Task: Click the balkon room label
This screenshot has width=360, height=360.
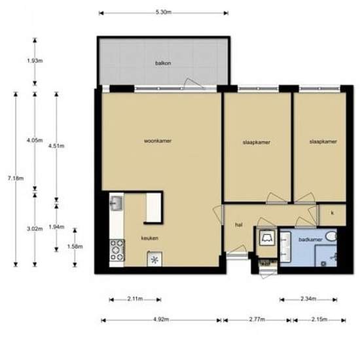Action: [x=163, y=63]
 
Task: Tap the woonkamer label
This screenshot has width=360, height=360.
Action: [x=158, y=141]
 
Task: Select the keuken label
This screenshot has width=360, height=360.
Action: [x=149, y=238]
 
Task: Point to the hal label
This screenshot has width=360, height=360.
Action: [x=239, y=225]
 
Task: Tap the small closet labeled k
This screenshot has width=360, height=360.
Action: [x=332, y=213]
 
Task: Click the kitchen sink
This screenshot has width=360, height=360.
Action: [x=116, y=204]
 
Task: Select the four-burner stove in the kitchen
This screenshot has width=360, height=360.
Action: [x=117, y=249]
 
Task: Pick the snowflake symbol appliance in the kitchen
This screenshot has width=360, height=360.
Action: [x=155, y=260]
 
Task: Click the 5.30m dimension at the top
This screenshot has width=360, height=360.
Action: [x=163, y=12]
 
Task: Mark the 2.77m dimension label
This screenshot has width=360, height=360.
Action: [x=257, y=320]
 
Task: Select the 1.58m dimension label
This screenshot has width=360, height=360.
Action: [x=75, y=247]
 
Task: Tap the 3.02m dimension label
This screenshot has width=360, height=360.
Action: [x=35, y=228]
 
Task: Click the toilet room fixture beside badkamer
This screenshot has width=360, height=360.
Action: [x=267, y=239]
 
